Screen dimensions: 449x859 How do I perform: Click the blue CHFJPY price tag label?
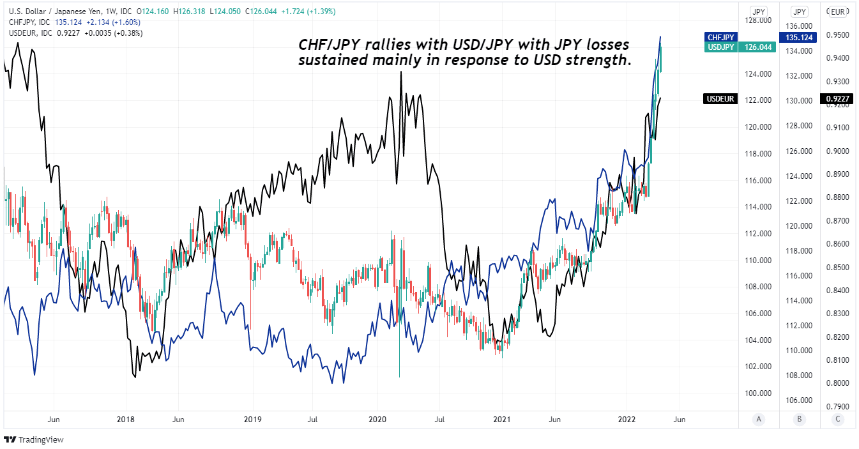click(x=720, y=38)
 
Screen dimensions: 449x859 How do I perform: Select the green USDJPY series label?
click(x=720, y=47)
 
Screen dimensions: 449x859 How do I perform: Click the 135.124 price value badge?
click(x=798, y=38)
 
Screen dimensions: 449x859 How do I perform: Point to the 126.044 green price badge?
click(x=757, y=47)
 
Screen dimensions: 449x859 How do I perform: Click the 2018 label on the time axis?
click(x=125, y=420)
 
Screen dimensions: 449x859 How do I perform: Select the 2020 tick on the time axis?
click(x=377, y=420)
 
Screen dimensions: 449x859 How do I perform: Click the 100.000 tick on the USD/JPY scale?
click(x=758, y=393)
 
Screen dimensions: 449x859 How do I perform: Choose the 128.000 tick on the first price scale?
click(x=758, y=21)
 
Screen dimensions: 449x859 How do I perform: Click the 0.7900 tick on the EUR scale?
click(x=839, y=406)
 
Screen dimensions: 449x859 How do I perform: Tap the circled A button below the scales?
click(x=758, y=420)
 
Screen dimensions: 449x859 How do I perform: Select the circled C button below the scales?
click(x=838, y=420)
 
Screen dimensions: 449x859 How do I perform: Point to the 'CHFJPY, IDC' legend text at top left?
click(x=30, y=22)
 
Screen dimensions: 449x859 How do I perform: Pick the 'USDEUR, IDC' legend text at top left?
click(x=31, y=33)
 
